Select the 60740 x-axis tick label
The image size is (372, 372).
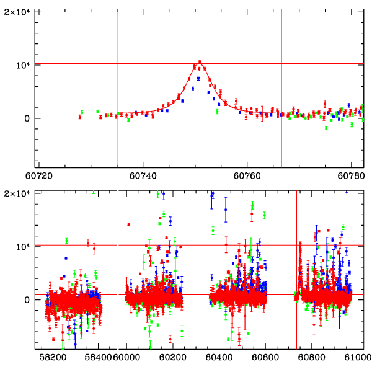pos(143,176)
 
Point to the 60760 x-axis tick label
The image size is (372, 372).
pos(247,176)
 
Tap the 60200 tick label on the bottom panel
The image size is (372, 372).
pos(171,358)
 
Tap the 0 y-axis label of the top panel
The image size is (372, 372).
pos(30,118)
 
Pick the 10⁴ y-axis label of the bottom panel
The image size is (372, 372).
pos(25,247)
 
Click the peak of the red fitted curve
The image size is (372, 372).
pos(200,64)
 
